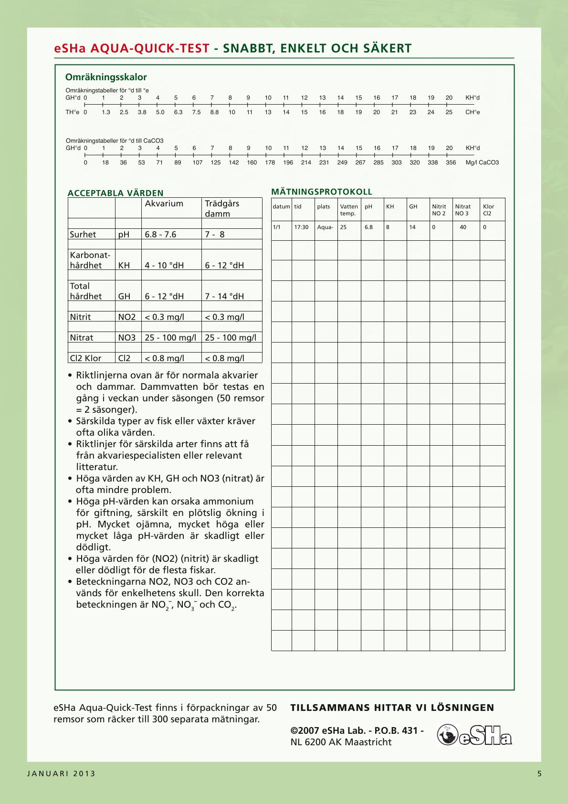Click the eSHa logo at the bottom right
474,736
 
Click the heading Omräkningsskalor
106,77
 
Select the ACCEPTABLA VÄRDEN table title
116,193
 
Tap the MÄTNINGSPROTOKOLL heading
322,192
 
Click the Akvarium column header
164,204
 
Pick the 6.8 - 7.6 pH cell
161,235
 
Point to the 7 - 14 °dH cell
224,296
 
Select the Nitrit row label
80,317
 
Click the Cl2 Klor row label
85,358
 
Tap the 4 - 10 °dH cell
164,266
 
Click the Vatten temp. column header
349,210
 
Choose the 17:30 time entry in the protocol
301,227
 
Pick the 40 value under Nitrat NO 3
463,227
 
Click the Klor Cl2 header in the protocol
488,210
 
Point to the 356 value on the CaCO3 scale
451,162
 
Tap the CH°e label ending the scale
473,112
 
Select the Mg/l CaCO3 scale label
482,162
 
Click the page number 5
540,774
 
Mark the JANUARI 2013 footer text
61,774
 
